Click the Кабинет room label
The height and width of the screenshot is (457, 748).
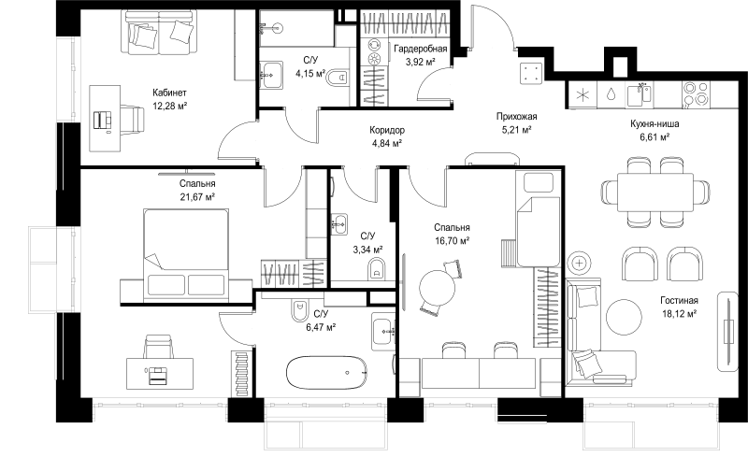[x=169, y=93]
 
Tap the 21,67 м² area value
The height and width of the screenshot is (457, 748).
[x=197, y=196]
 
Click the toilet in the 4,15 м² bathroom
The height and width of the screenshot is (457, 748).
[x=338, y=78]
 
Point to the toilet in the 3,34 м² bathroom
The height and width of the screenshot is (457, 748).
[x=377, y=269]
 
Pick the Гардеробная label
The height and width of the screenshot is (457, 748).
[x=420, y=49]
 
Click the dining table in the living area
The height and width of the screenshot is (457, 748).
[x=655, y=193]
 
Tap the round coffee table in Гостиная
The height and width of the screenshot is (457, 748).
[x=625, y=317]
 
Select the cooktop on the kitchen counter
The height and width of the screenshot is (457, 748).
[x=696, y=94]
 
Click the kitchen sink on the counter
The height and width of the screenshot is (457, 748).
[x=640, y=94]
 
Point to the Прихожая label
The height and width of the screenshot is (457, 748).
[x=517, y=117]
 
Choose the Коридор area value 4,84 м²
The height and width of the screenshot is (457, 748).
[x=386, y=143]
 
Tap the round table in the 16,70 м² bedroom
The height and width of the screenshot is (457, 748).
[x=437, y=288]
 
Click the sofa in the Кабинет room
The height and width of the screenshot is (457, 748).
[x=160, y=32]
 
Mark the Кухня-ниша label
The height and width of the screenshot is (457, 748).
[x=654, y=124]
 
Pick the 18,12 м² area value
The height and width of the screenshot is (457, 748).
[x=680, y=313]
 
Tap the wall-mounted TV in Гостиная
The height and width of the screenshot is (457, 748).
[x=728, y=331]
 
